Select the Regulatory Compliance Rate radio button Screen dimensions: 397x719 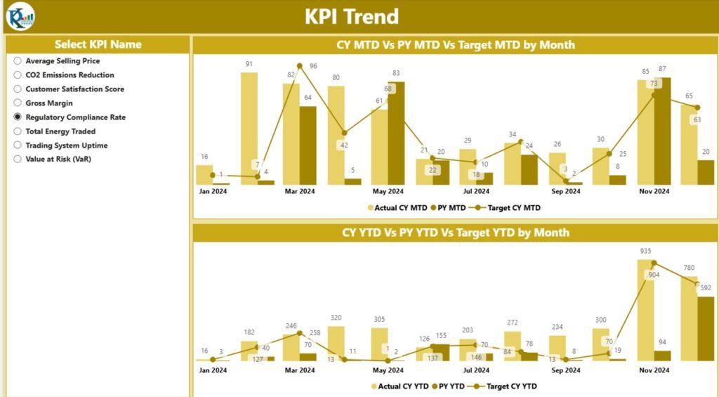(x=18, y=117)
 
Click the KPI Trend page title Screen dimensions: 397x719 (x=351, y=16)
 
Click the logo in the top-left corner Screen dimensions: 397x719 (x=20, y=16)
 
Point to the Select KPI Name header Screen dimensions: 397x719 (x=98, y=44)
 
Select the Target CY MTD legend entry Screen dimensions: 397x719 (x=509, y=207)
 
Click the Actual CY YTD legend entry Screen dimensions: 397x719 (x=400, y=386)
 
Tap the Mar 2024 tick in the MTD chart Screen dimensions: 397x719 (x=300, y=191)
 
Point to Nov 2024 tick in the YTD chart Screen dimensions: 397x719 (x=654, y=370)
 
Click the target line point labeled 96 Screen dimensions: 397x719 (x=300, y=66)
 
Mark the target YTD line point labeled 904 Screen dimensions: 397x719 (x=654, y=264)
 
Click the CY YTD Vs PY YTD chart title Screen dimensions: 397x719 (x=455, y=233)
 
